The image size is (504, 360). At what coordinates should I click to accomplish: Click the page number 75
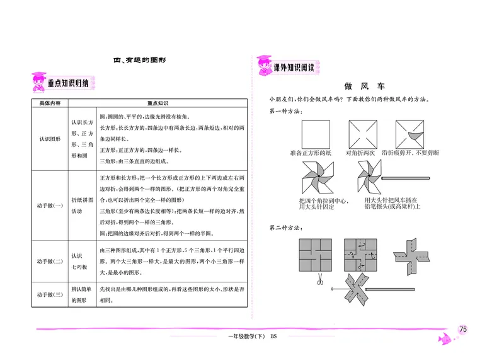(463, 329)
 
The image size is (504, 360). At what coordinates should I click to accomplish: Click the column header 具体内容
(50, 103)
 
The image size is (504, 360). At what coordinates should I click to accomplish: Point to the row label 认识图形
(50, 139)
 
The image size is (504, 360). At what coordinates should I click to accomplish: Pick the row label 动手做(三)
(50, 294)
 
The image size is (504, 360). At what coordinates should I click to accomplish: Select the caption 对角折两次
(360, 153)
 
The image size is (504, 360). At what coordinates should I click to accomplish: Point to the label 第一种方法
(284, 112)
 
